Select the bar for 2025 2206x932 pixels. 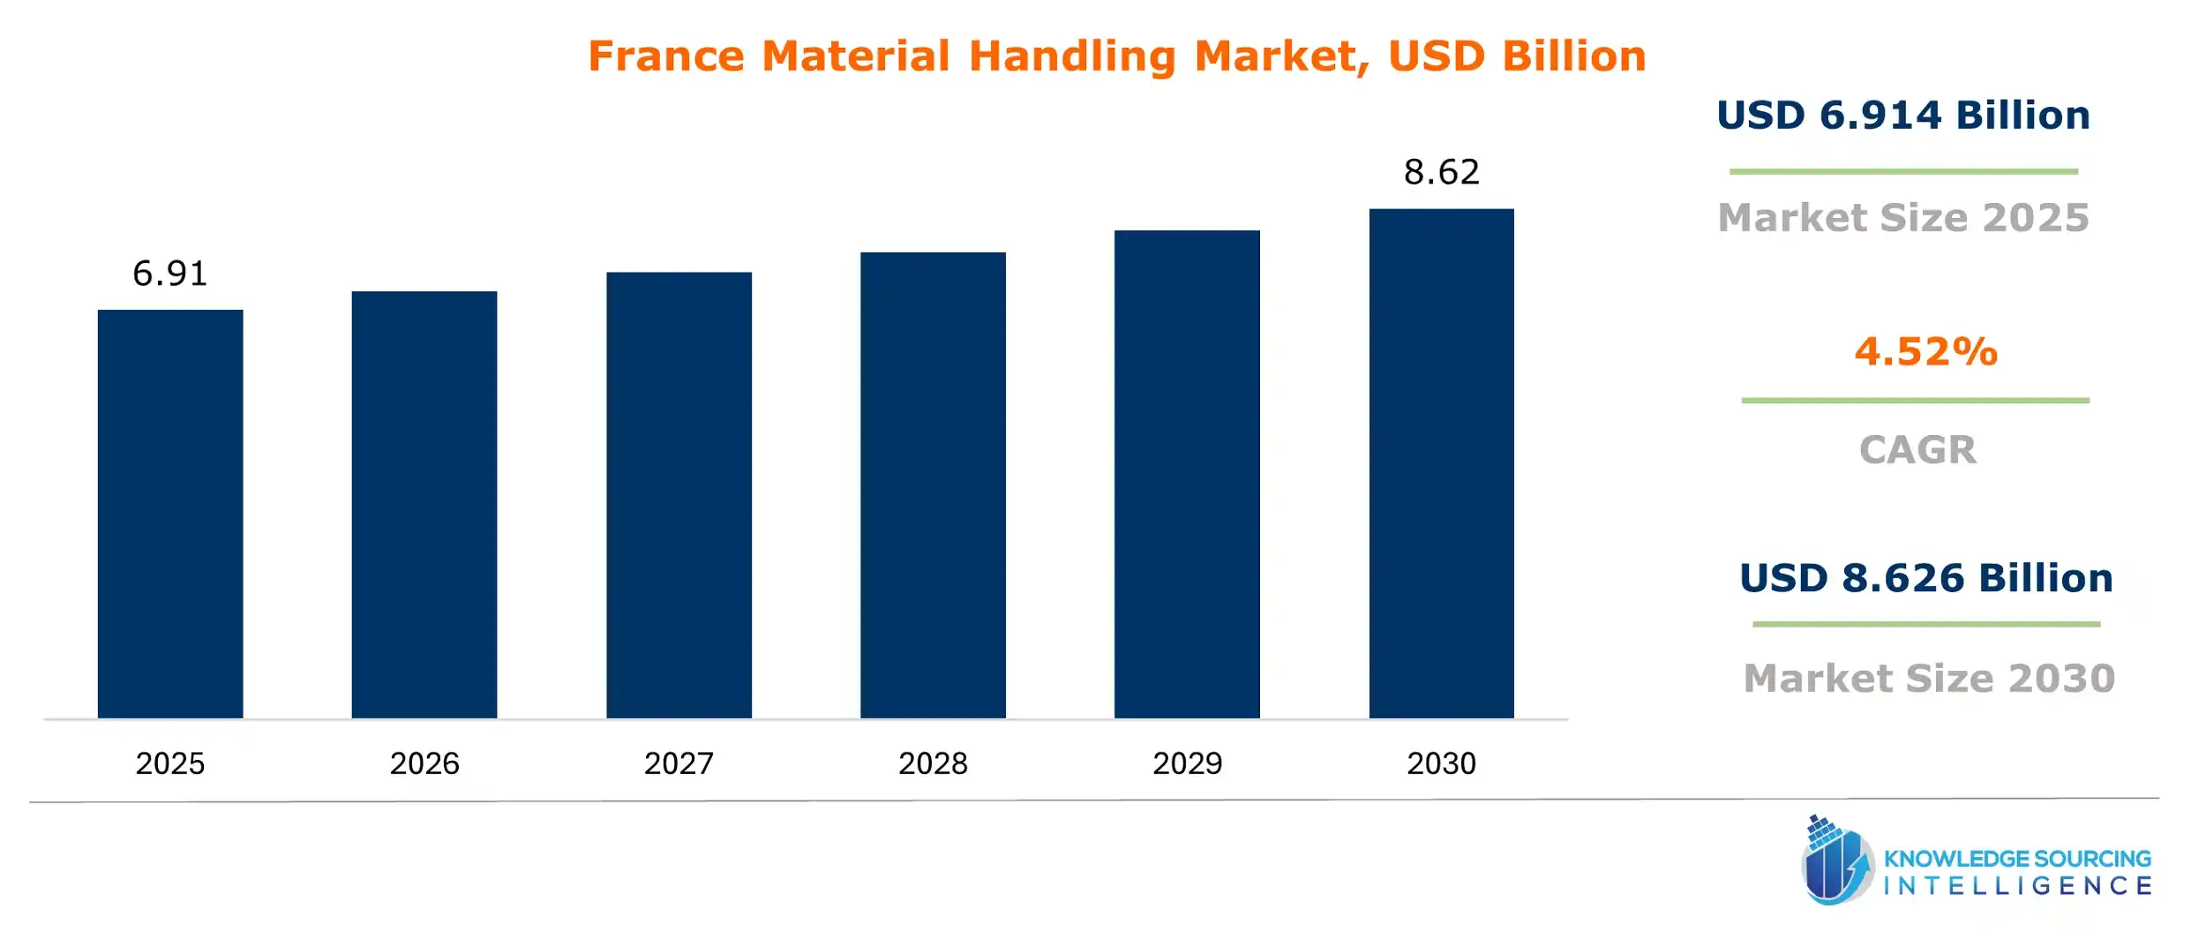coord(170,514)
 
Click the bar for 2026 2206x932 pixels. coord(424,505)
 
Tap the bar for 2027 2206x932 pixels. coord(679,495)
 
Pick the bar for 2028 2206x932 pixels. coord(933,485)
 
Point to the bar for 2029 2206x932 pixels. coord(1187,474)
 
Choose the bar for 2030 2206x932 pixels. coord(1441,463)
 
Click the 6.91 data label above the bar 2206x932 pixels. coord(170,274)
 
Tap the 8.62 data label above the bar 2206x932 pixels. coord(1441,172)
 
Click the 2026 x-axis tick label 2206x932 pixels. coord(424,763)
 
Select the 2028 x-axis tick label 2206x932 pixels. coord(933,763)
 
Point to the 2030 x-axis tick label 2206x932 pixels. coord(1441,763)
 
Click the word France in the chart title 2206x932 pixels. coord(666,56)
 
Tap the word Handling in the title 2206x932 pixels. coord(1072,56)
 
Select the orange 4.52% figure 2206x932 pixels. coord(1925,352)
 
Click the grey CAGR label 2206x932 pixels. coord(1917,450)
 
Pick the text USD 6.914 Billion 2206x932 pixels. coord(1903,116)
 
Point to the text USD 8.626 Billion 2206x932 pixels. coord(1926,578)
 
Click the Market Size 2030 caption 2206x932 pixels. coord(1930,679)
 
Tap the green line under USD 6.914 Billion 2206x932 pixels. coord(1903,171)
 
